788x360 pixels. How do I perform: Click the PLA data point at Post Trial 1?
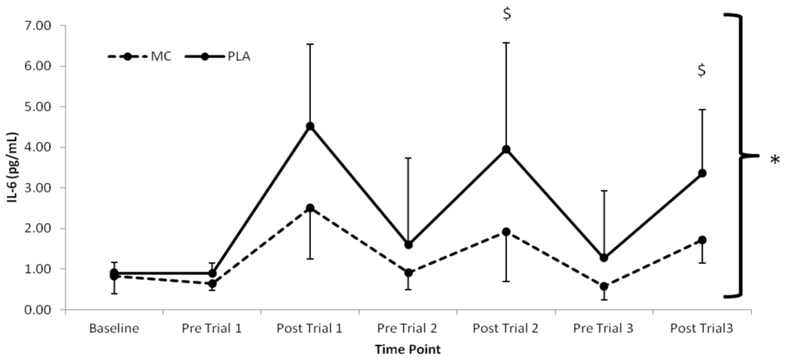(x=310, y=126)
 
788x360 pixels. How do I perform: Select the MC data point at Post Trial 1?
(x=310, y=208)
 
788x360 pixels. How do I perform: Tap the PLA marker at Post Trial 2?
(x=506, y=149)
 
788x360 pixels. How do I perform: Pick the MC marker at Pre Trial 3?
(x=604, y=286)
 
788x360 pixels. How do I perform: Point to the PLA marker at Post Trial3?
(x=703, y=173)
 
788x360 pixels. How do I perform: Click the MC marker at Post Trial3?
(x=703, y=240)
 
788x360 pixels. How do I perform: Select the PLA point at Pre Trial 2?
(x=409, y=245)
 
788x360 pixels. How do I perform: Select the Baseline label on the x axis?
(x=114, y=328)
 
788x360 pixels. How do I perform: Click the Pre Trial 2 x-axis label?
(x=408, y=328)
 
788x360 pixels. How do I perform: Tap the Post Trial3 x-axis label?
(x=702, y=328)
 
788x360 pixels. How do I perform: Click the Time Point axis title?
(x=408, y=349)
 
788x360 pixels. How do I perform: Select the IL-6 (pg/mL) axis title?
(x=12, y=167)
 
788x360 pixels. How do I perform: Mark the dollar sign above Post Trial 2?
(x=506, y=14)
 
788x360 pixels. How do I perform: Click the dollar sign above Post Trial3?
(x=702, y=71)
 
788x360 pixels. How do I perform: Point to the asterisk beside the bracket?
(x=774, y=162)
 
